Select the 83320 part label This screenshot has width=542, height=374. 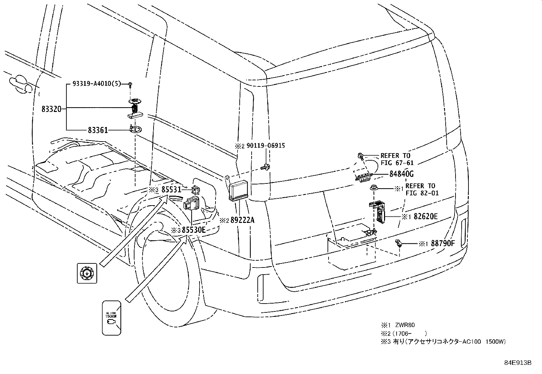point(51,109)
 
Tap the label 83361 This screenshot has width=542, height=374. point(98,130)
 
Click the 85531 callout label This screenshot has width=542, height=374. point(171,190)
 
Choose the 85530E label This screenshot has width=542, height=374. point(194,230)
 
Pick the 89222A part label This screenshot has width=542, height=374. point(242,220)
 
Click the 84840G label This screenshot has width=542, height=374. point(401,174)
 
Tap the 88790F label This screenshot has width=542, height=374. point(443,243)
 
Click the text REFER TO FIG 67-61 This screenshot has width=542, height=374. point(397,159)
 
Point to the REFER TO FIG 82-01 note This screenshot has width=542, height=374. point(422,190)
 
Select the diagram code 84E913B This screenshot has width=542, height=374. point(517,363)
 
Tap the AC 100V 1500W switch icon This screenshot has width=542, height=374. point(111,318)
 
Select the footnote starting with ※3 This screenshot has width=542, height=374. point(443,342)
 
